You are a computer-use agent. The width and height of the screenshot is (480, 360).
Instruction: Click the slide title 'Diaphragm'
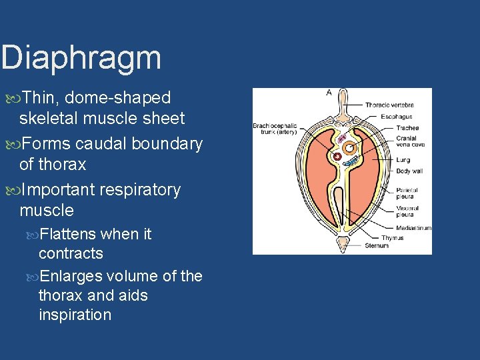tap(81, 58)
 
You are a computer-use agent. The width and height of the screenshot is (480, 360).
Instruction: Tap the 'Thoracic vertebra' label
tap(389, 105)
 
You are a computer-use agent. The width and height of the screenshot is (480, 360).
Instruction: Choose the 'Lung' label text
tap(403, 160)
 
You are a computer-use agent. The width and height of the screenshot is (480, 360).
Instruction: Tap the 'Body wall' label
tap(409, 171)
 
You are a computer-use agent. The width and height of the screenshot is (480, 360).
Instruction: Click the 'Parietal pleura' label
tap(407, 193)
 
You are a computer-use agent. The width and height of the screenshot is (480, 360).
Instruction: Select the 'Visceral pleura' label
tap(407, 211)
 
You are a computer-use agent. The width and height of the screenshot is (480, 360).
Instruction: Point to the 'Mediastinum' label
tap(413, 228)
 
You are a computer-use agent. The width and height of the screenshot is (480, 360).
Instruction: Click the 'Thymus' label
tap(392, 238)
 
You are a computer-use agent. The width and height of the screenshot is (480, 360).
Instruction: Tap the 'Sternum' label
tap(376, 245)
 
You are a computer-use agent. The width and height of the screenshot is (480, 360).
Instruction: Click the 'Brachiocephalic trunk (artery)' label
tap(274, 129)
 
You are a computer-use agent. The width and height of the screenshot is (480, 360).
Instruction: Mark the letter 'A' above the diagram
tap(329, 93)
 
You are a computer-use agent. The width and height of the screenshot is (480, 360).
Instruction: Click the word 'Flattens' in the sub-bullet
tap(69, 234)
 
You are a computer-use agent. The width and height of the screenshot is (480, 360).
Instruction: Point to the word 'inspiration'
tap(75, 315)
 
